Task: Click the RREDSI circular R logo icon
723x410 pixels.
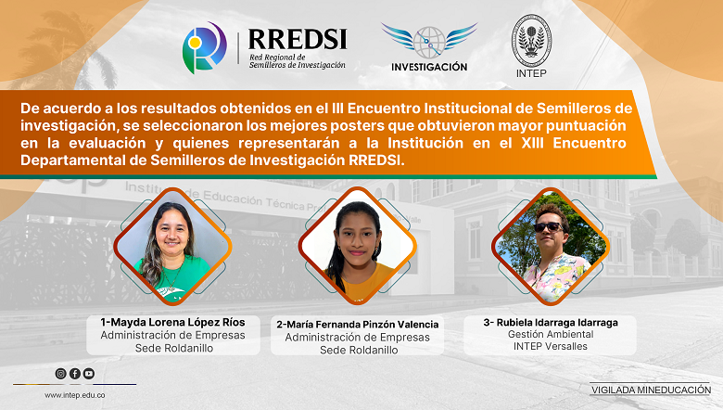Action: pos(204,47)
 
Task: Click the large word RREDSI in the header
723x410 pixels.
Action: pos(298,39)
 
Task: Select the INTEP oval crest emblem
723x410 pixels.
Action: pos(531,41)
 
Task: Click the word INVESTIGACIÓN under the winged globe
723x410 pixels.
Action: pos(429,67)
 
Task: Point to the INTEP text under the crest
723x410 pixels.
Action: pos(531,73)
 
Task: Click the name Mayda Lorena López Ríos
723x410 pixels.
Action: pos(173,323)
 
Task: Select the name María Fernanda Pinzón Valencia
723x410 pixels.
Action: pos(358,325)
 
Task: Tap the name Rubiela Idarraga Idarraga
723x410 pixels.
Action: pos(551,323)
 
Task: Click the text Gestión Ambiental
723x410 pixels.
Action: pos(551,334)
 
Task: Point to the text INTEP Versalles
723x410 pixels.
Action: pos(551,346)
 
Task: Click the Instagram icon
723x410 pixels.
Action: pos(60,374)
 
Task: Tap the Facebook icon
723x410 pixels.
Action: pos(75,374)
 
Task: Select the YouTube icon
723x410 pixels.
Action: pos(89,374)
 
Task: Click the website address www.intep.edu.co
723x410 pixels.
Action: pos(75,395)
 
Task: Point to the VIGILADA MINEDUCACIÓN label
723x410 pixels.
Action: pos(651,390)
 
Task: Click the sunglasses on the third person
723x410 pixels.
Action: pos(549,227)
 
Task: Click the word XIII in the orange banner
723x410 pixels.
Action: pos(532,143)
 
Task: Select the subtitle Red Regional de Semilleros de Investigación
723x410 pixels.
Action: pos(297,61)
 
